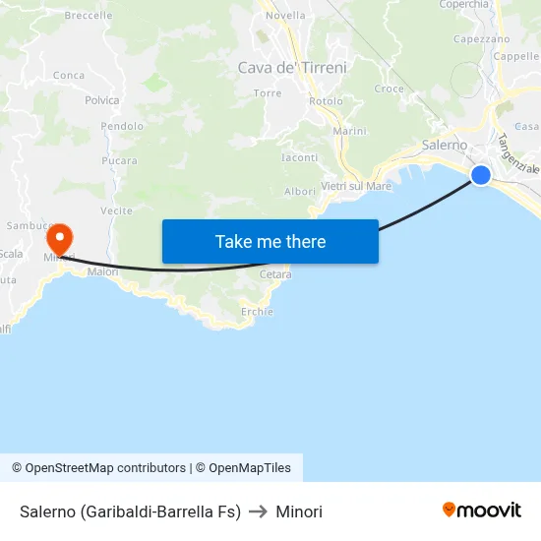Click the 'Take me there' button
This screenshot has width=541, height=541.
(270, 241)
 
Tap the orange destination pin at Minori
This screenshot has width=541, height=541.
(60, 238)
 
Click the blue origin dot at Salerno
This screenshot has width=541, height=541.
(481, 175)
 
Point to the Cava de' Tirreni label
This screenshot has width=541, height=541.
(292, 68)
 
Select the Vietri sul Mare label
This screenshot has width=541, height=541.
(356, 186)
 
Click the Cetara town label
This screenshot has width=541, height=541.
(275, 274)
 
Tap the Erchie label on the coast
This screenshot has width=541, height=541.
(257, 311)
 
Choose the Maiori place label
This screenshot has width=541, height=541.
(102, 271)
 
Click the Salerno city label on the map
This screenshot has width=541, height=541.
(445, 145)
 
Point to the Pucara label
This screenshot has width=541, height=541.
(119, 160)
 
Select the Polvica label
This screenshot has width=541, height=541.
(102, 100)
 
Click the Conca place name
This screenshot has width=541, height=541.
(69, 75)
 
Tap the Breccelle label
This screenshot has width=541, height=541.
(88, 16)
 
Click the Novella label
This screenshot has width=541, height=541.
(285, 16)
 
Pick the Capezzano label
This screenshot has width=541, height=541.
(481, 39)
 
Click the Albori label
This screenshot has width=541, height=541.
(300, 191)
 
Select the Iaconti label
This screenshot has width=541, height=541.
(300, 157)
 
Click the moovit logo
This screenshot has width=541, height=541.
(481, 511)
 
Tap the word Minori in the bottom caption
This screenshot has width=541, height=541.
(299, 511)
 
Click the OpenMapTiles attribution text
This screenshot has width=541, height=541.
(243, 468)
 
